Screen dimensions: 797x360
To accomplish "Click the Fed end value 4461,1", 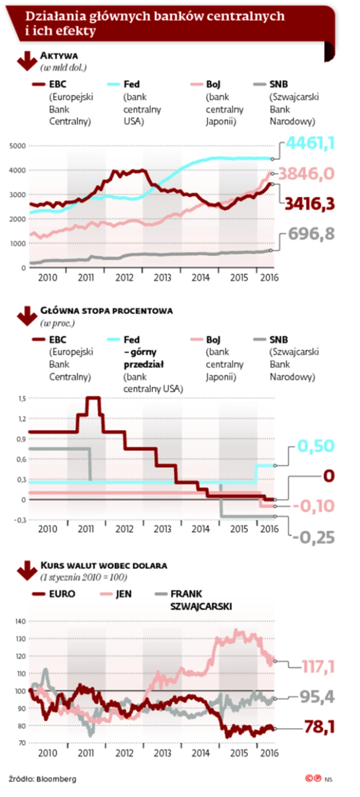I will [x=310, y=143].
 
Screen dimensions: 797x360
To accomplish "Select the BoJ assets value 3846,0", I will [x=306, y=174].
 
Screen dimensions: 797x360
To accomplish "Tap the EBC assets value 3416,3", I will [x=309, y=203].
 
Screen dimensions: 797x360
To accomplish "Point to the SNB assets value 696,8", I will [x=311, y=233].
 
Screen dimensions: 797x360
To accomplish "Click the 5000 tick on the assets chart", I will [x=18, y=146].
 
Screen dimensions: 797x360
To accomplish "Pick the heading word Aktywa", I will [x=59, y=56].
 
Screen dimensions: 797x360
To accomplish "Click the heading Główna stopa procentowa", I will [x=106, y=310].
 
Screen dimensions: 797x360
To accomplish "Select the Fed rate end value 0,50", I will [x=316, y=446].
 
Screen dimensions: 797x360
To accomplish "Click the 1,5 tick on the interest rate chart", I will [x=21, y=398].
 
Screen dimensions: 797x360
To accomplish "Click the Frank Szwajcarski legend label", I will [x=201, y=600].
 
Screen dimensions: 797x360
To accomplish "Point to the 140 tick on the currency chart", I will [x=20, y=621].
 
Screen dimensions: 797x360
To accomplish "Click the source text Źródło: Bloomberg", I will [x=42, y=779].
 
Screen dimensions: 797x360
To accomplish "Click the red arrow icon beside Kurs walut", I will [x=27, y=570].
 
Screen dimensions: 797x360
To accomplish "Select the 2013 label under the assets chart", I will [x=162, y=277].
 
